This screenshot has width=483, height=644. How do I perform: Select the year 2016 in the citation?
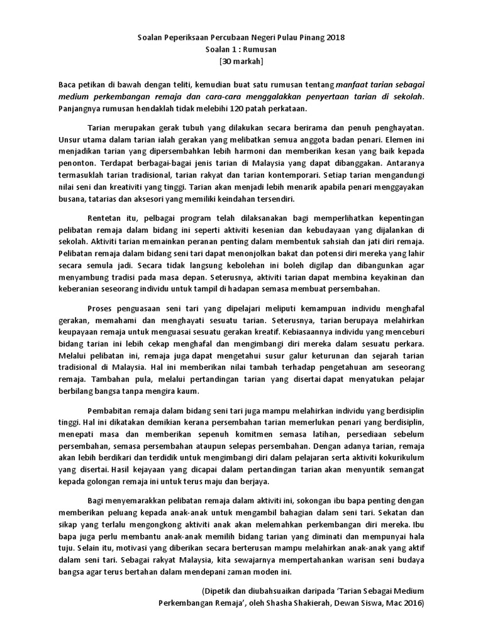point(412,602)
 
